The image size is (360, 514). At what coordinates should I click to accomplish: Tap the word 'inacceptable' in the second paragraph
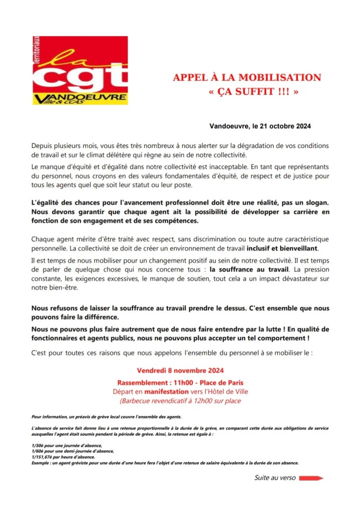pos(230,164)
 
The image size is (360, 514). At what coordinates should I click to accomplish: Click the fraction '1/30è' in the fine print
pos(38,445)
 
